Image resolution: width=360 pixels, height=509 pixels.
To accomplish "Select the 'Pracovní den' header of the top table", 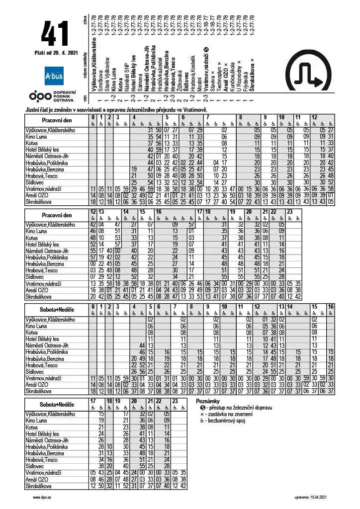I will (x=56, y=120).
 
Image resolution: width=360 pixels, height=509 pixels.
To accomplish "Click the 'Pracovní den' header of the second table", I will (x=56, y=215).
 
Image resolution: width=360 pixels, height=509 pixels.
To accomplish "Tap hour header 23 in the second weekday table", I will (x=289, y=212).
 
